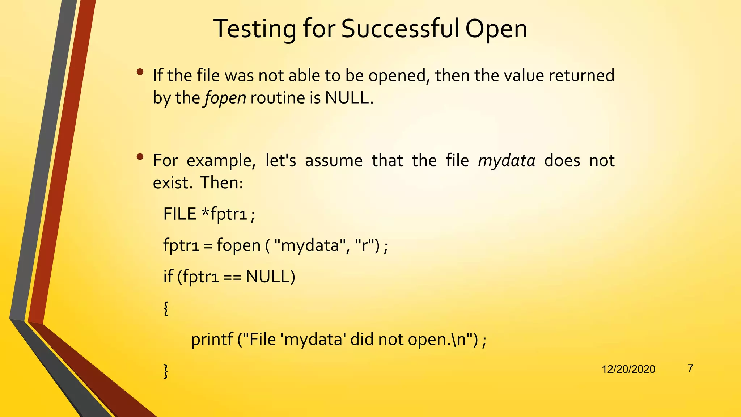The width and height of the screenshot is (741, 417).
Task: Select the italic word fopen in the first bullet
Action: [225, 98]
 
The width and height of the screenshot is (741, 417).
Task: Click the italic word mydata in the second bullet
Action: [507, 161]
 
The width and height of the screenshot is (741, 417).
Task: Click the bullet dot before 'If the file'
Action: [140, 72]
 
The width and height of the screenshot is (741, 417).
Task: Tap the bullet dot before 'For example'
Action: [140, 157]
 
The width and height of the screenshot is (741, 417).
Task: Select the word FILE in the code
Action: [179, 214]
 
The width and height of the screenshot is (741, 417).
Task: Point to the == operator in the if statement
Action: [232, 277]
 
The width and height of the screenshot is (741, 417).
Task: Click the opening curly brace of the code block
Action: [166, 308]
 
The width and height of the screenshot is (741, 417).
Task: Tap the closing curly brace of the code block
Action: [166, 371]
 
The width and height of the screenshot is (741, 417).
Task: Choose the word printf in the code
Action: [212, 340]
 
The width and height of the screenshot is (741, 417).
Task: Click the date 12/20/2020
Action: [628, 369]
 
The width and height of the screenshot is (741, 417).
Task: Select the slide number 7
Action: [690, 368]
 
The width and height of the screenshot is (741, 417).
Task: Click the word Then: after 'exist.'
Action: [221, 182]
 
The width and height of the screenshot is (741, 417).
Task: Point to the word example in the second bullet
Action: [221, 161]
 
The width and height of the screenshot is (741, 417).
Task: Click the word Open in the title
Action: [496, 29]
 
